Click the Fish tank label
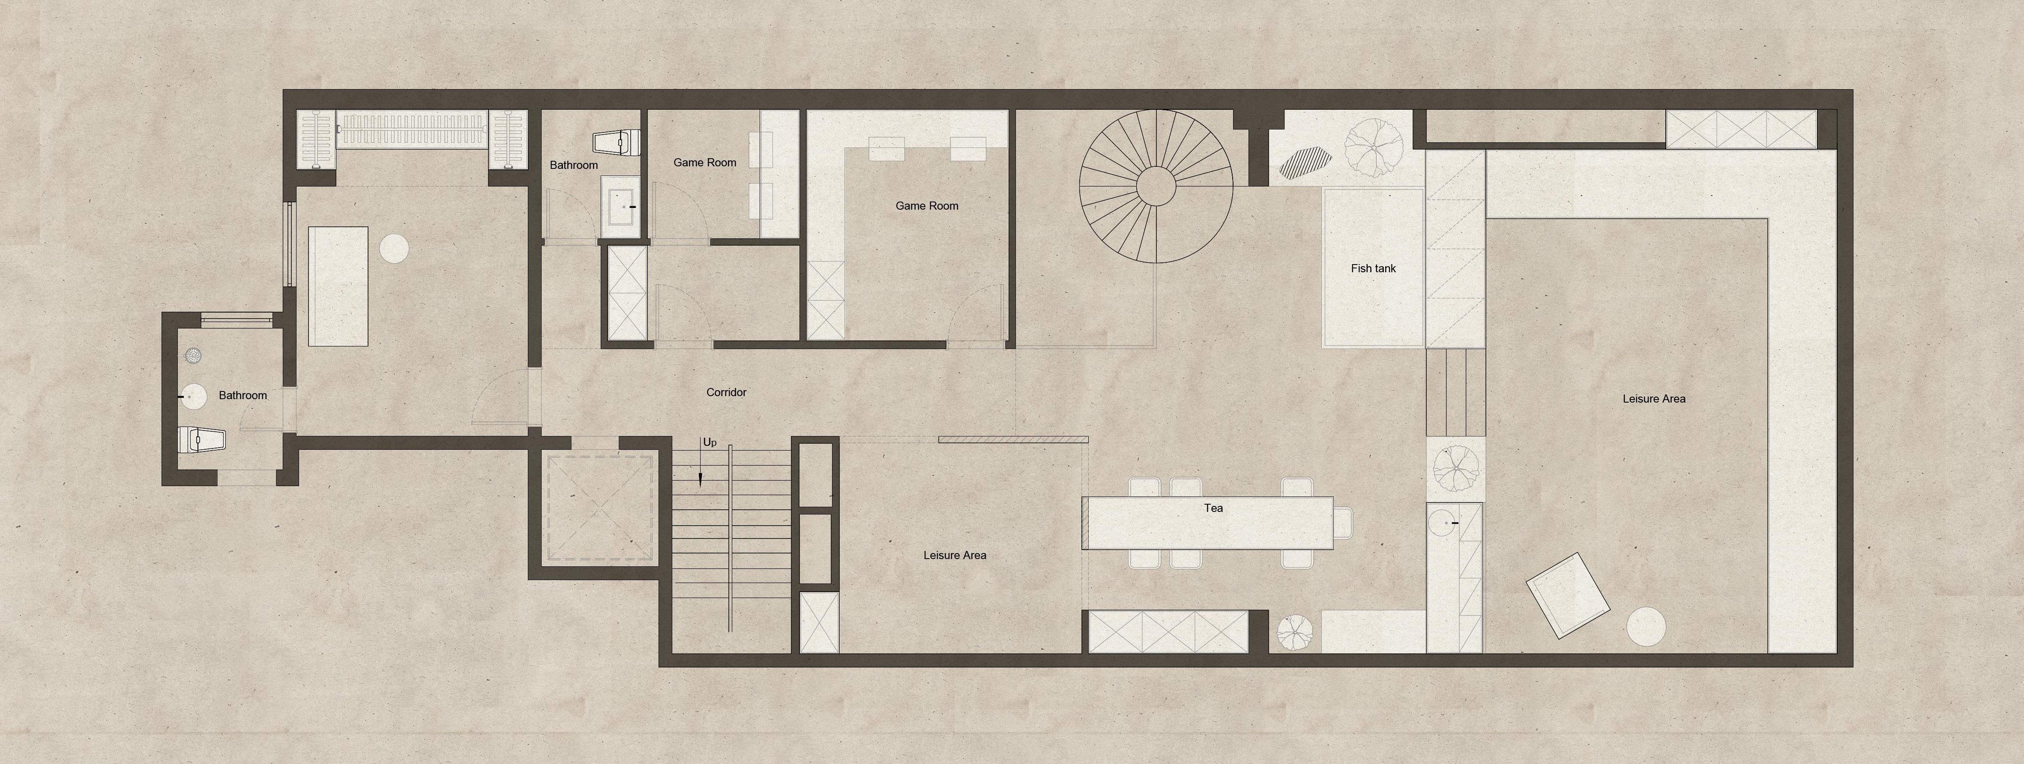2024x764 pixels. [1374, 268]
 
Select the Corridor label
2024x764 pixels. [726, 392]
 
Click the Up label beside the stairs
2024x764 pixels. [710, 442]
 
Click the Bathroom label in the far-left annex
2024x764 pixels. [243, 395]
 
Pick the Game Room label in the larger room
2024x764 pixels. [927, 206]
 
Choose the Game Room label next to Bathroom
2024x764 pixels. [705, 163]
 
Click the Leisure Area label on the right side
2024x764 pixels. [1654, 399]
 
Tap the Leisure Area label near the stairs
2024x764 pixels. [955, 555]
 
